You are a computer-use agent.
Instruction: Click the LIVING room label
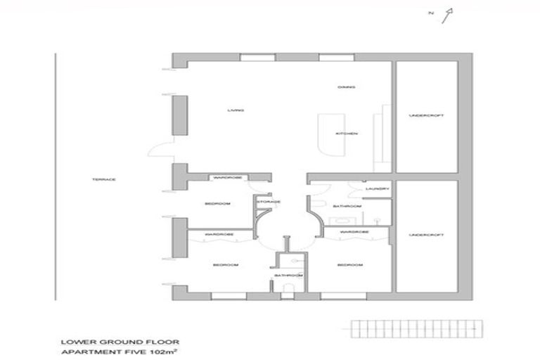pyautogui.click(x=235, y=110)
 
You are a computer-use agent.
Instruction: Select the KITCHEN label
pyautogui.click(x=347, y=134)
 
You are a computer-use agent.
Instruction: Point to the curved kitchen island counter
pyautogui.click(x=326, y=134)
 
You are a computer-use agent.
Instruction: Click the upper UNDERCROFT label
pyautogui.click(x=426, y=115)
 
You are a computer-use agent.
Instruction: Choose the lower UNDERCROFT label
pyautogui.click(x=426, y=234)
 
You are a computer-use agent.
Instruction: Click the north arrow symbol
pyautogui.click(x=447, y=14)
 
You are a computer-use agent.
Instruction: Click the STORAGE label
pyautogui.click(x=269, y=202)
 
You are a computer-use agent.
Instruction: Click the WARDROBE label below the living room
pyautogui.click(x=228, y=178)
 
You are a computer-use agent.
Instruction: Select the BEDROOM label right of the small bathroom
pyautogui.click(x=349, y=265)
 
